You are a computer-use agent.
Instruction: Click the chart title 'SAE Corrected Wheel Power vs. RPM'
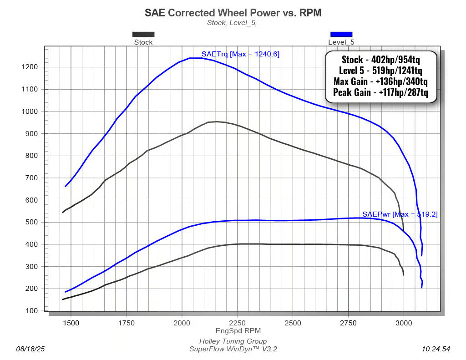pos(233,13)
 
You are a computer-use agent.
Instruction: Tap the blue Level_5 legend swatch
pos(341,34)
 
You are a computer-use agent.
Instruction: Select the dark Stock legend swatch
pos(143,34)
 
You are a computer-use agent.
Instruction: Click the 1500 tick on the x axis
pos(71,322)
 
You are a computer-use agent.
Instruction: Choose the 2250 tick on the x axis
pos(237,322)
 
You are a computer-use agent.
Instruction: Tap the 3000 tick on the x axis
pos(404,322)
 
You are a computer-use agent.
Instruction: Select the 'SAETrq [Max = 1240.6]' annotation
pos(240,54)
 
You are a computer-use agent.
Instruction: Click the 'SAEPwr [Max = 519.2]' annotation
pos(400,214)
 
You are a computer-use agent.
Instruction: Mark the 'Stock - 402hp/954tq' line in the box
pos(380,60)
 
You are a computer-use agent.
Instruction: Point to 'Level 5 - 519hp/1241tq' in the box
pos(380,71)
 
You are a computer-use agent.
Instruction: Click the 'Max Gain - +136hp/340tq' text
pos(380,82)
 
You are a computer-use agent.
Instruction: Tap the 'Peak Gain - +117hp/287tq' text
pos(380,93)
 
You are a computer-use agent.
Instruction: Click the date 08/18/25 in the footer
pos(31,349)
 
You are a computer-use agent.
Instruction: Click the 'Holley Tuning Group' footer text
pos(233,341)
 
